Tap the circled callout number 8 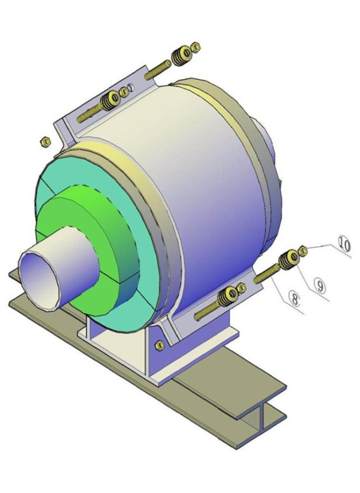tap(295, 301)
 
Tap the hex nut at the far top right tap(194, 48)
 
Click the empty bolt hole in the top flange tap(130, 87)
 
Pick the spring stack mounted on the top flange tap(110, 101)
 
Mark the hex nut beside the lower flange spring tap(241, 288)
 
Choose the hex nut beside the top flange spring tap(124, 92)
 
